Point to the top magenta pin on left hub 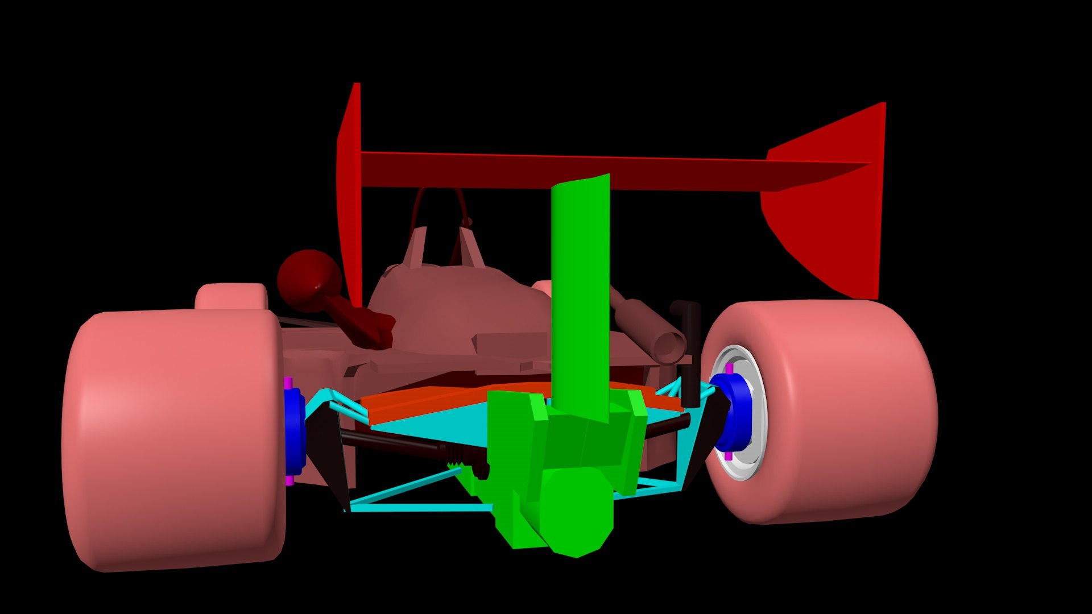[288, 381]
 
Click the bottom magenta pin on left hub [289, 481]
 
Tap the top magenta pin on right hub [729, 368]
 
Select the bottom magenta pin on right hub [729, 456]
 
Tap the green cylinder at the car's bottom [577, 512]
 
